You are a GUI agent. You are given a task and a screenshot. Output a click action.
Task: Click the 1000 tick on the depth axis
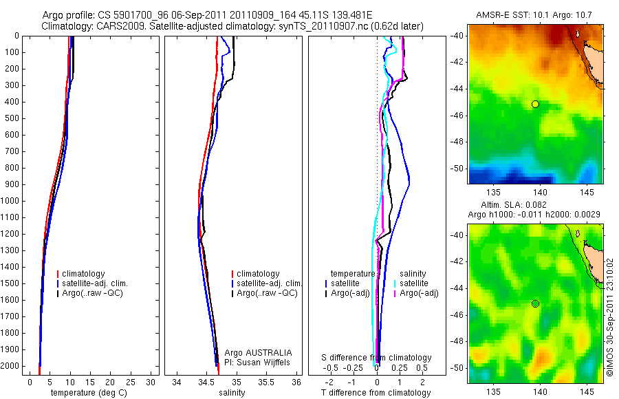10,201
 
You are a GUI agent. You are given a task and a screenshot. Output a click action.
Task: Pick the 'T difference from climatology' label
376,393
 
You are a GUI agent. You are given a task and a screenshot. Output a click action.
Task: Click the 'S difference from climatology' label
377,358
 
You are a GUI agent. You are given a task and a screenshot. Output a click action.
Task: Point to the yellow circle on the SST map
535,104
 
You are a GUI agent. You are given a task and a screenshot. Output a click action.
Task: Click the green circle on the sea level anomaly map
535,303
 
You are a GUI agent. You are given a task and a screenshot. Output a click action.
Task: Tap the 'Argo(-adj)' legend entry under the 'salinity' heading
419,294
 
